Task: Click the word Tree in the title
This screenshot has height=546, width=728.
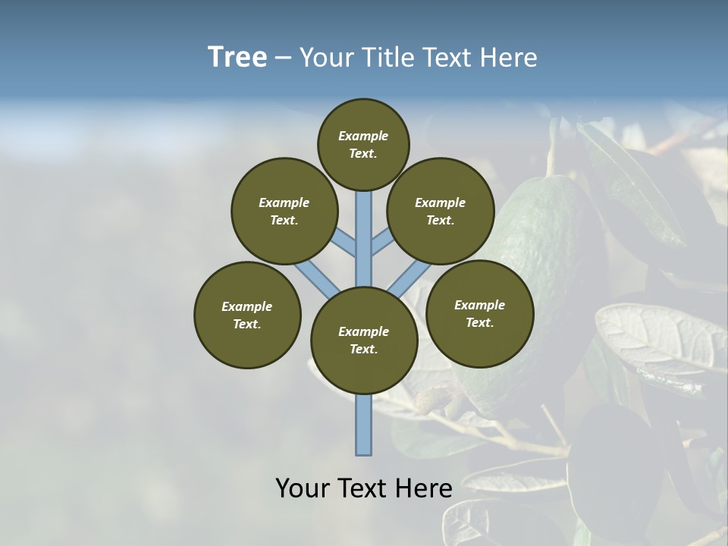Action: [x=237, y=57]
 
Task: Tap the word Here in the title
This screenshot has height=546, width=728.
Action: [x=508, y=58]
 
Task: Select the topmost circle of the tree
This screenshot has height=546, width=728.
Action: [x=363, y=144]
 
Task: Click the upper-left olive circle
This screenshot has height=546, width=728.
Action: [x=284, y=211]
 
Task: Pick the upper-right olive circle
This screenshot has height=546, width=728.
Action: [x=441, y=211]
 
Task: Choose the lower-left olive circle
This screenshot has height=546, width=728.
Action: [x=247, y=315]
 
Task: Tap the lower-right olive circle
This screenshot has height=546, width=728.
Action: [x=479, y=313]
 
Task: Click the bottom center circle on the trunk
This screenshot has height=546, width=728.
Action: [x=364, y=340]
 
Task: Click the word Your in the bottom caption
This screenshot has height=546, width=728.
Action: [x=303, y=488]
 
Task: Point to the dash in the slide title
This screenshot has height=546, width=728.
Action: [x=283, y=58]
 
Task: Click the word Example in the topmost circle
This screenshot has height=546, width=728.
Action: [x=363, y=136]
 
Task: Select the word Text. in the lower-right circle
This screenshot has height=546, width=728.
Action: [x=479, y=322]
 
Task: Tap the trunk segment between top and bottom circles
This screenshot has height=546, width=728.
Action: [x=364, y=243]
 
